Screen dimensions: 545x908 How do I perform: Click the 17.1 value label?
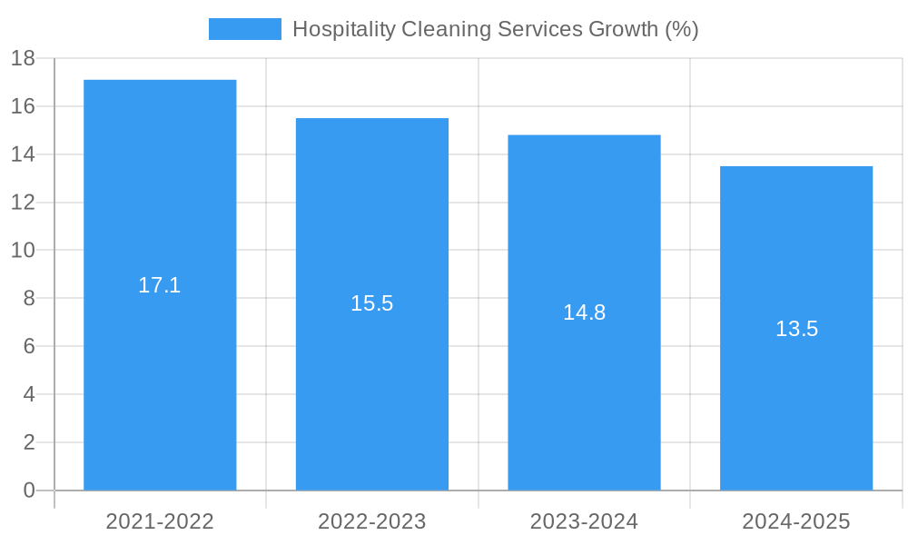160,285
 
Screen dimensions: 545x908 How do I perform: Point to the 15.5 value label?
372,304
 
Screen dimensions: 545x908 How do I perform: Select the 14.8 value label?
584,312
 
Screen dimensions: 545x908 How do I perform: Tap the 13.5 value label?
796,329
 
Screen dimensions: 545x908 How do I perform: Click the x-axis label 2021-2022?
160,521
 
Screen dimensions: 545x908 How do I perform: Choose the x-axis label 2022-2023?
372,521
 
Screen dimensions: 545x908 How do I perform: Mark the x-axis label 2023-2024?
584,521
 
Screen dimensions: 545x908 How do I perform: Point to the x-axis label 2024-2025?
796,521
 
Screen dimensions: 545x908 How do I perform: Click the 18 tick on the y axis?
23,59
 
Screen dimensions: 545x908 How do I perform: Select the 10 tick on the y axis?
23,251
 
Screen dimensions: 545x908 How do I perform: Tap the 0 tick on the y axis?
28,490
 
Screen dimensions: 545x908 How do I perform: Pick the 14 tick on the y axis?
23,154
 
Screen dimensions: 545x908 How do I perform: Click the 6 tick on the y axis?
28,346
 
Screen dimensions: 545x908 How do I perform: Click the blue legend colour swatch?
244,29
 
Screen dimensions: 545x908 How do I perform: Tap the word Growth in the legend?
624,29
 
